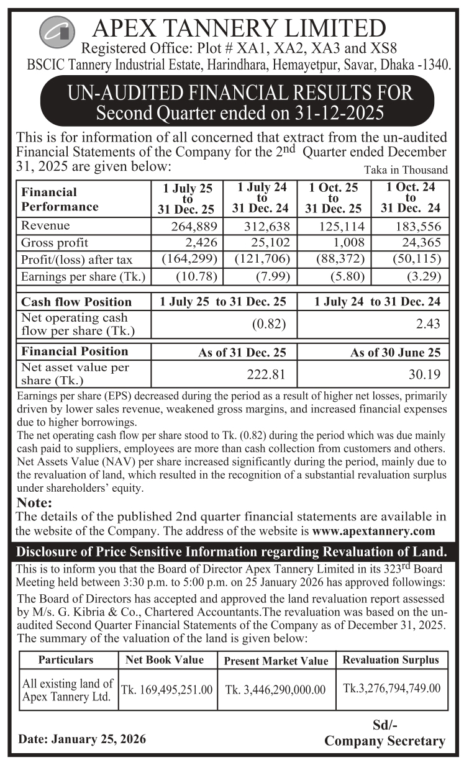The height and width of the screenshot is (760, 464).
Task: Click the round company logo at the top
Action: pyautogui.click(x=57, y=30)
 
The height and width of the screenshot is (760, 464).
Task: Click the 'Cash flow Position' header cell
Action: pyautogui.click(x=77, y=302)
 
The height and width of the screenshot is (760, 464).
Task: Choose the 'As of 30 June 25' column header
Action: pyautogui.click(x=395, y=353)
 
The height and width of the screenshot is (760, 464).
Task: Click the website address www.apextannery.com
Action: pyautogui.click(x=374, y=531)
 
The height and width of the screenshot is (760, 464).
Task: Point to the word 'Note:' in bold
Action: pyautogui.click(x=35, y=502)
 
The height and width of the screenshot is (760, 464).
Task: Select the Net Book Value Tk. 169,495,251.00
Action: pyautogui.click(x=166, y=689)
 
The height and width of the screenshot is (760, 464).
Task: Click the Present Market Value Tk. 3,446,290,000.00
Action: pyautogui.click(x=275, y=689)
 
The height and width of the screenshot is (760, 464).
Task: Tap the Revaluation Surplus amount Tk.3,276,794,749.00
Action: pyautogui.click(x=391, y=688)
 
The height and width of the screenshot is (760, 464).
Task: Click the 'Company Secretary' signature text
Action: pyautogui.click(x=385, y=741)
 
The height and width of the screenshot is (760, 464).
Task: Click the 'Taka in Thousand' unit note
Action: pyautogui.click(x=406, y=170)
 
